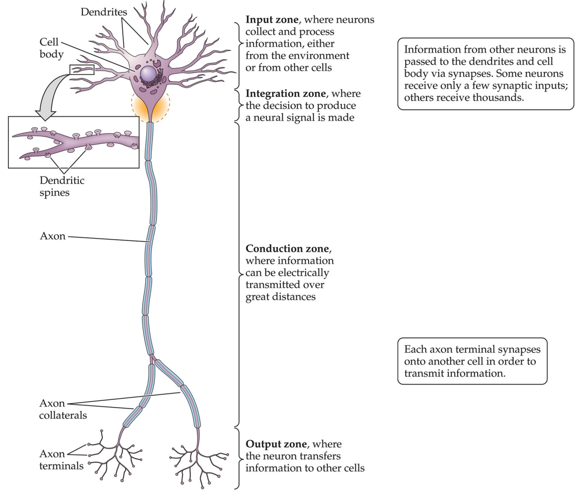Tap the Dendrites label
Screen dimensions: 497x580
pos(103,12)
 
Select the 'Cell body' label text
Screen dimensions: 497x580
pos(51,48)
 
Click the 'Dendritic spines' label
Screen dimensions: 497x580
pos(62,186)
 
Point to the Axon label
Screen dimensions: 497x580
pos(52,236)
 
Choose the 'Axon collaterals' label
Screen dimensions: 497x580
pos(63,409)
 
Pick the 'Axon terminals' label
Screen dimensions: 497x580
pos(61,460)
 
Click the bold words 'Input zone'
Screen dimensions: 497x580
pos(271,20)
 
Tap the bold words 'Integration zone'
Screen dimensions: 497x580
pos(285,93)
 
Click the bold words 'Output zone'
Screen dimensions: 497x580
pos(276,444)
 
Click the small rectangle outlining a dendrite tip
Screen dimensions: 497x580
pos(82,69)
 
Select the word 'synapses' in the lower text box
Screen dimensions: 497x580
pos(519,349)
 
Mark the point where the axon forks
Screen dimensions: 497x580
pos(151,357)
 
